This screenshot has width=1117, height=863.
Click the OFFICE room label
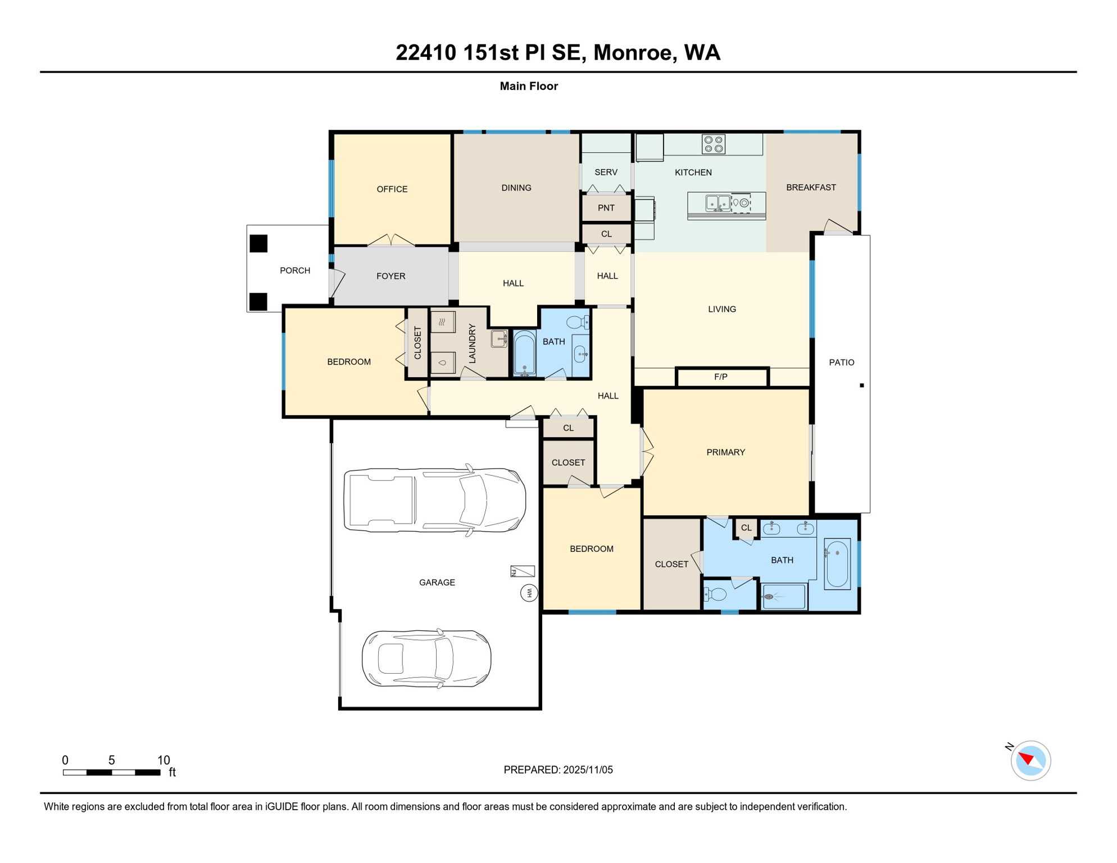coord(392,189)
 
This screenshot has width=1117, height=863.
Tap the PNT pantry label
coord(606,208)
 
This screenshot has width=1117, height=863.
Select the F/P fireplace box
coord(721,377)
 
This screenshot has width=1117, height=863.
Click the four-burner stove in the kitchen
coord(714,144)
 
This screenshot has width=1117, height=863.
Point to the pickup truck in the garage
coord(434,500)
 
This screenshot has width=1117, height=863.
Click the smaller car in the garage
coord(426,658)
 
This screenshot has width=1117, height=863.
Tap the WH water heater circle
coord(529,593)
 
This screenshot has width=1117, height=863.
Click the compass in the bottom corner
coord(1030,761)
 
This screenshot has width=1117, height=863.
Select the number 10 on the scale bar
coord(164,760)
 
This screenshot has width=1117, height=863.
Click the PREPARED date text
coord(558,770)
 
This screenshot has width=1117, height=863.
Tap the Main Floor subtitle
coord(529,86)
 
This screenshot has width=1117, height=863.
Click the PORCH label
coord(295,271)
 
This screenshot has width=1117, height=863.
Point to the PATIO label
coord(842,362)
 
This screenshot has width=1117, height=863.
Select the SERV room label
coord(606,172)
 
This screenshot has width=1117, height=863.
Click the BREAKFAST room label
coord(811,188)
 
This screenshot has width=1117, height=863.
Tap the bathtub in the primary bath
coord(837,564)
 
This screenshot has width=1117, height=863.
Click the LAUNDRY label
coord(472,343)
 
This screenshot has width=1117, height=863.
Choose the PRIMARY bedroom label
coord(725,452)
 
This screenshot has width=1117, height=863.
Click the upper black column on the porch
coord(258,243)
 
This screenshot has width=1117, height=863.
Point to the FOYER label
coord(391,276)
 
